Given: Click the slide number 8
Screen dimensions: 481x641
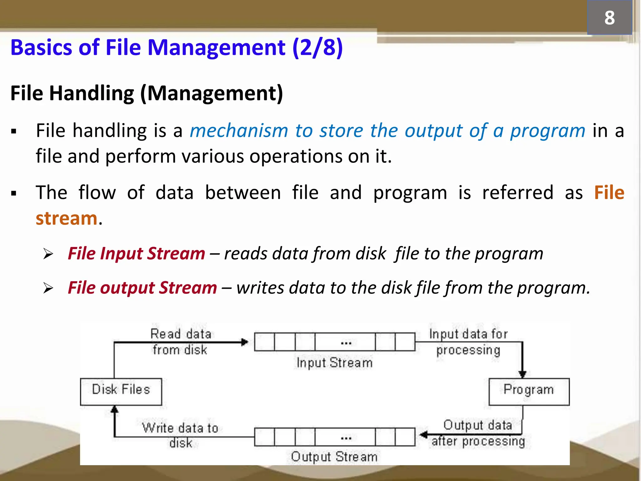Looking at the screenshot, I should tap(609, 18).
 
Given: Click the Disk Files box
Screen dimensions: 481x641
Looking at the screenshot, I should tap(121, 391).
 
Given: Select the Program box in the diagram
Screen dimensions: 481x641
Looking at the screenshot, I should tap(529, 391).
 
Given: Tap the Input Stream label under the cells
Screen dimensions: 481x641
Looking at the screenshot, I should tap(335, 363).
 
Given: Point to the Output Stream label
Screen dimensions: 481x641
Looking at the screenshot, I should tap(334, 457).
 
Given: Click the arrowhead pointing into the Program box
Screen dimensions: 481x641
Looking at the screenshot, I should tap(522, 374).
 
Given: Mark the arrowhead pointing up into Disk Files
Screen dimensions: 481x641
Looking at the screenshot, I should tap(115, 409).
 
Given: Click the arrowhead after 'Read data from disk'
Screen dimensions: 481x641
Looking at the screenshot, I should tap(245, 342).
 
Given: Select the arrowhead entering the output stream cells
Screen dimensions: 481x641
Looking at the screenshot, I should tap(423, 435).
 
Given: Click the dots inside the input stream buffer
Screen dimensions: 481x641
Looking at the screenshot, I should tap(346, 343).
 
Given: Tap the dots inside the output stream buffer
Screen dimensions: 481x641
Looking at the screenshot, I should tap(346, 438).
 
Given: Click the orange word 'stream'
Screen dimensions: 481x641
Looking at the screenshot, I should tap(66, 218).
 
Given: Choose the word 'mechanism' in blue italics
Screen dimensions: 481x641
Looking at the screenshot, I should tap(239, 131).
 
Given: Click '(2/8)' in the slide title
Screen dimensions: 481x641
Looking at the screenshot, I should tap(317, 48).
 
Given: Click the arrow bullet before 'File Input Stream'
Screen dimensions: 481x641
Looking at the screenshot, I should tap(49, 254).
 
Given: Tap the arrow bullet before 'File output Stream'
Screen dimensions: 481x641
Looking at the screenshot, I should tap(49, 288).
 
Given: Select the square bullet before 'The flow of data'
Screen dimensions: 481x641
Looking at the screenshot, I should tap(13, 193).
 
